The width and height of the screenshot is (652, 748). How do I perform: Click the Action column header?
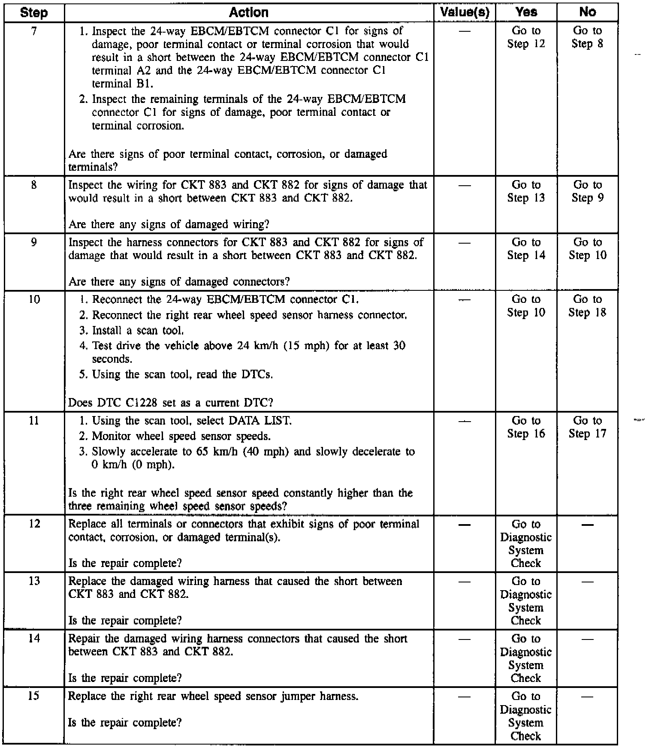click(249, 13)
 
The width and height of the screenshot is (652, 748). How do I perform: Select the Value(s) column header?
click(465, 13)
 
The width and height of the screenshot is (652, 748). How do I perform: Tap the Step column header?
click(34, 13)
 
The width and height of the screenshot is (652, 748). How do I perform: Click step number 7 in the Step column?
click(34, 31)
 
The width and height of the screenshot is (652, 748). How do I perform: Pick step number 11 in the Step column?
click(34, 421)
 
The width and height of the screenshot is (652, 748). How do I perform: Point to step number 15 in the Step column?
click(34, 696)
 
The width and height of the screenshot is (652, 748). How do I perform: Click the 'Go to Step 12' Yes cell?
click(526, 37)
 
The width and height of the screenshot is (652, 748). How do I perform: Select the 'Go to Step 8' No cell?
click(587, 37)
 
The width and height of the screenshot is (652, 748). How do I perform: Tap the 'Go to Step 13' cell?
click(526, 191)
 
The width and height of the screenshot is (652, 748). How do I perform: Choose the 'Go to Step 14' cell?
click(526, 249)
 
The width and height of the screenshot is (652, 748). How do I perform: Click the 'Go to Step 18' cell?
click(587, 306)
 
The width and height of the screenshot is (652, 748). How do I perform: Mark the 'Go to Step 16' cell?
click(526, 427)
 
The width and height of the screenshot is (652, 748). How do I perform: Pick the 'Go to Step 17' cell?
click(587, 427)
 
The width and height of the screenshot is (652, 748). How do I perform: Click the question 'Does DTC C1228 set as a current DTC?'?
click(171, 403)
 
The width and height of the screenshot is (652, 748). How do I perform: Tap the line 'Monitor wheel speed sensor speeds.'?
click(181, 437)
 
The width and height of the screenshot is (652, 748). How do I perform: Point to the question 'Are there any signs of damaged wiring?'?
click(169, 224)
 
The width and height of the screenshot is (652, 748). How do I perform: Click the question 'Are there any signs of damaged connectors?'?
click(179, 282)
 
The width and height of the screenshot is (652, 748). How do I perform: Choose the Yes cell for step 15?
click(526, 715)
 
